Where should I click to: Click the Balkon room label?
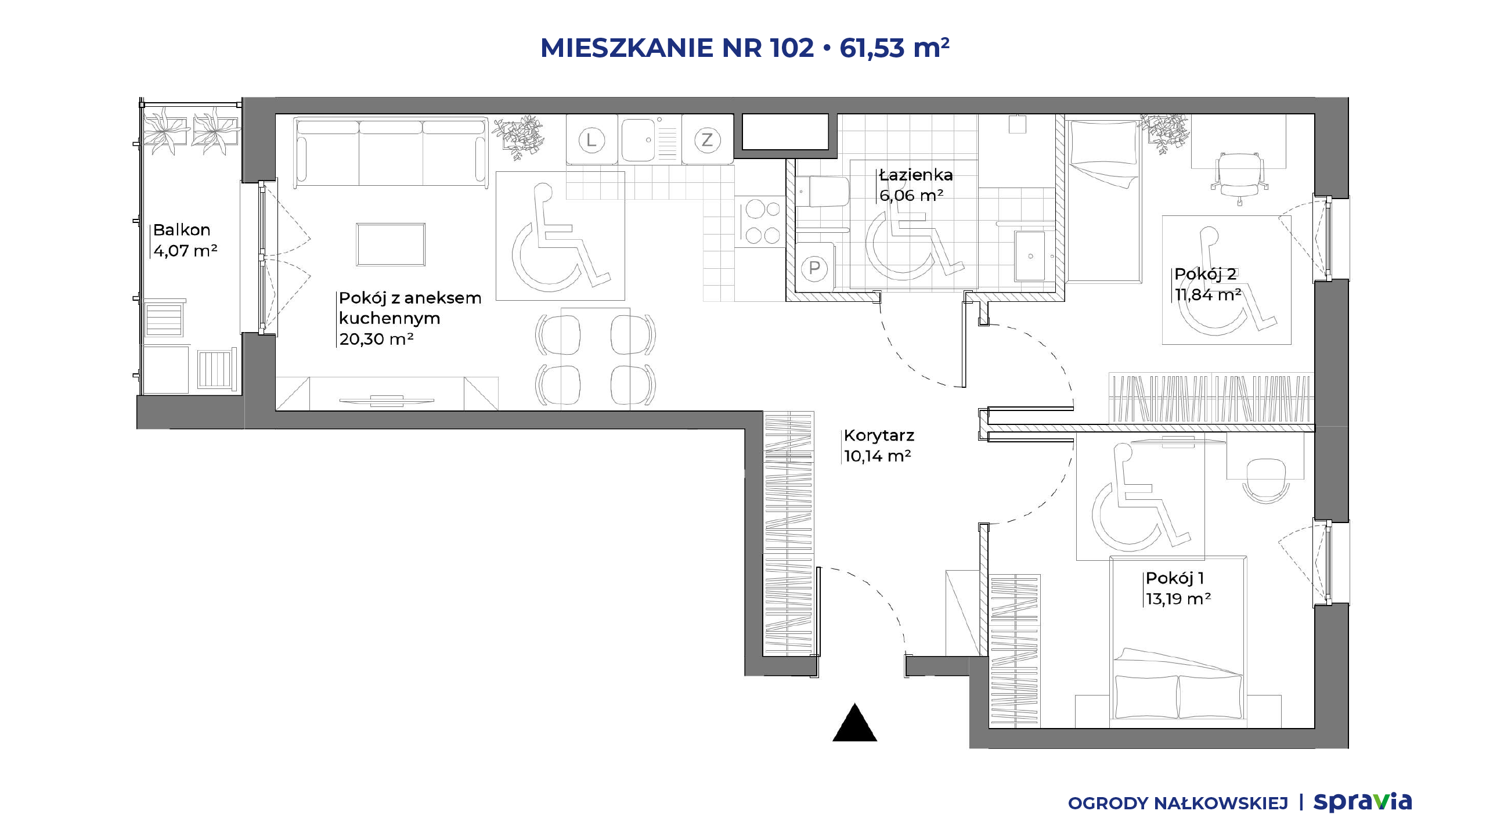point(182,230)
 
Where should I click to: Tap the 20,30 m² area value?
point(376,339)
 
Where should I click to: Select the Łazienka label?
point(916,175)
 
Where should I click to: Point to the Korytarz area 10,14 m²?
point(877,456)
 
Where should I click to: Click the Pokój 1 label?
point(1174,578)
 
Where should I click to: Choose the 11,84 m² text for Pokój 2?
point(1208,295)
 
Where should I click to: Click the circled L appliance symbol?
point(591,140)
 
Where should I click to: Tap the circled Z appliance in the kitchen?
point(707,140)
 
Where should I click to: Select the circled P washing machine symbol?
point(814,268)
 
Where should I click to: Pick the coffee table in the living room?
point(391,244)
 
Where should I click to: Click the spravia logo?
point(1363,802)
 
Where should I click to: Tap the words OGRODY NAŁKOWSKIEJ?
point(1178,803)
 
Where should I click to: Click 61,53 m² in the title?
point(895,47)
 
